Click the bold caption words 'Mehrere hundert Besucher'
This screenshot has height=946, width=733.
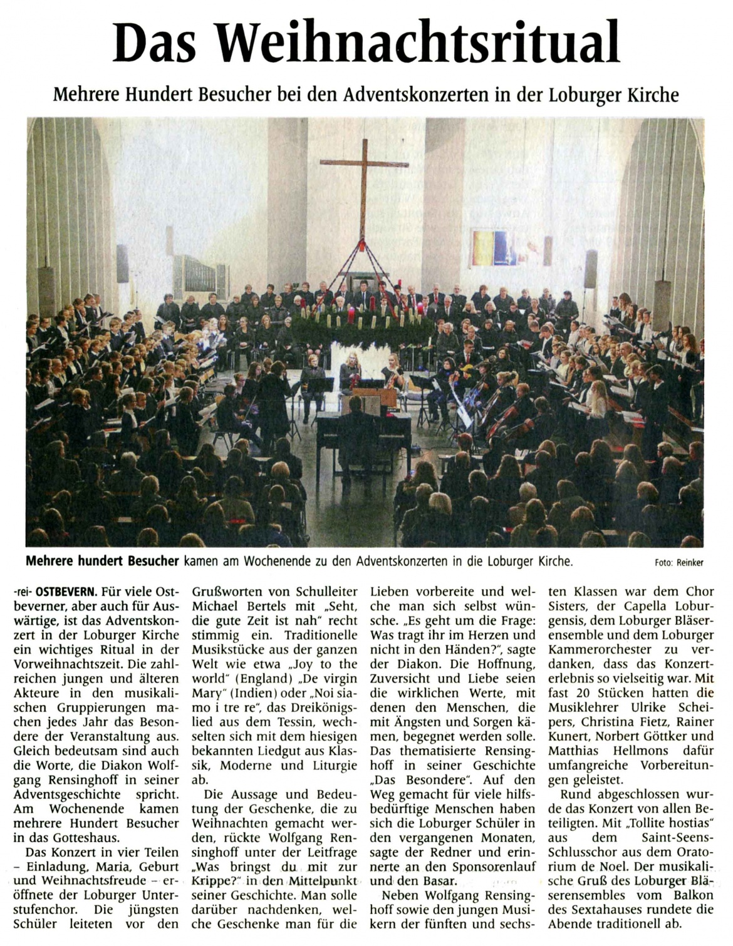pyautogui.click(x=102, y=561)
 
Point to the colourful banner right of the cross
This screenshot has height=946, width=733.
pyautogui.click(x=491, y=247)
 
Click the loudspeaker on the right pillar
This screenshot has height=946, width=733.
pyautogui.click(x=590, y=269)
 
